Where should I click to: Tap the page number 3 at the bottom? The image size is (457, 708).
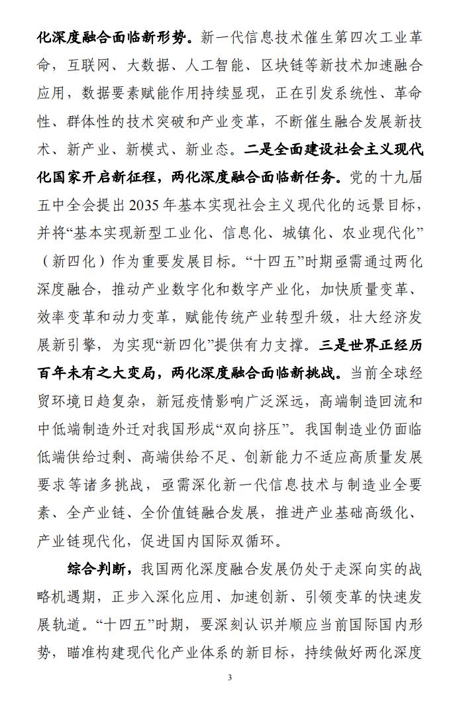pos(228,677)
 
